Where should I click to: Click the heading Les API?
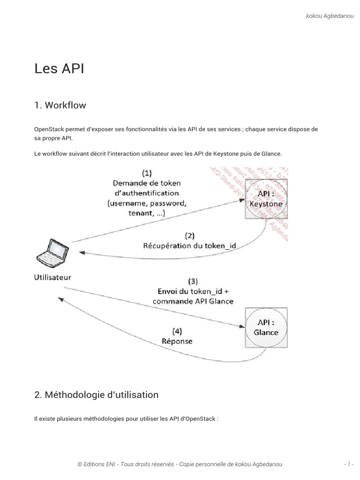click(59, 68)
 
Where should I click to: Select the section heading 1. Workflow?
click(60, 105)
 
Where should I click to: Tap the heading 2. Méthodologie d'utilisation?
click(97, 395)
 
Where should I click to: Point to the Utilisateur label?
click(52, 277)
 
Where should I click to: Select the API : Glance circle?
click(266, 327)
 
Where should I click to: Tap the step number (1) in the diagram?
click(146, 173)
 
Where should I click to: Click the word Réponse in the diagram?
click(177, 341)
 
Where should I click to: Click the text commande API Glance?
click(193, 301)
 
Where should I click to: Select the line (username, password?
click(147, 203)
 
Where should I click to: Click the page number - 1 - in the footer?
click(348, 464)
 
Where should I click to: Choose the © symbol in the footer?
click(80, 464)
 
